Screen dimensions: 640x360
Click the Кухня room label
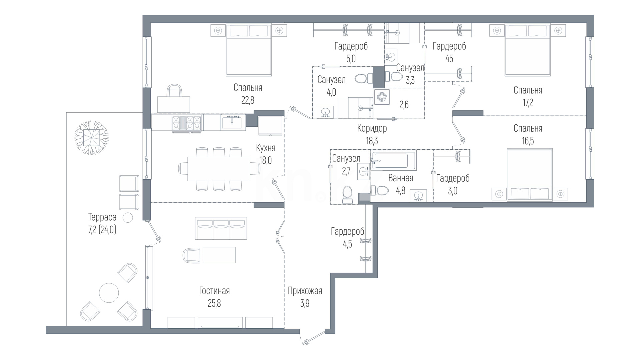coord(265,148)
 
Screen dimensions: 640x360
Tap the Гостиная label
coord(214,291)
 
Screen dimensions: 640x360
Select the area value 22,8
coord(248,100)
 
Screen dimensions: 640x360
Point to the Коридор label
coord(372,128)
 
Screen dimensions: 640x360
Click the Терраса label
coord(102,217)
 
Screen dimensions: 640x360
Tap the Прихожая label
coord(305,291)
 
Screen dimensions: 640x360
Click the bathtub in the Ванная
coord(394,161)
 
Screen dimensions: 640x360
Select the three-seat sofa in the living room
coord(221,228)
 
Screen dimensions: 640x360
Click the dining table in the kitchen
coord(219,169)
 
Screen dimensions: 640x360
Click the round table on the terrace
coord(109,293)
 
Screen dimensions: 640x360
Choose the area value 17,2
coord(528,103)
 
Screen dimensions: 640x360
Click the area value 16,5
coord(528,141)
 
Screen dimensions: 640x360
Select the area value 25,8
coord(215,304)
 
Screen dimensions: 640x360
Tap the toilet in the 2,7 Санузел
coord(347,195)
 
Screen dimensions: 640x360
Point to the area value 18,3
coord(372,141)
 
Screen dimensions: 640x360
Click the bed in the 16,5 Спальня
coord(530,175)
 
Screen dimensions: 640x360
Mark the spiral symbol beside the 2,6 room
coord(382,97)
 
